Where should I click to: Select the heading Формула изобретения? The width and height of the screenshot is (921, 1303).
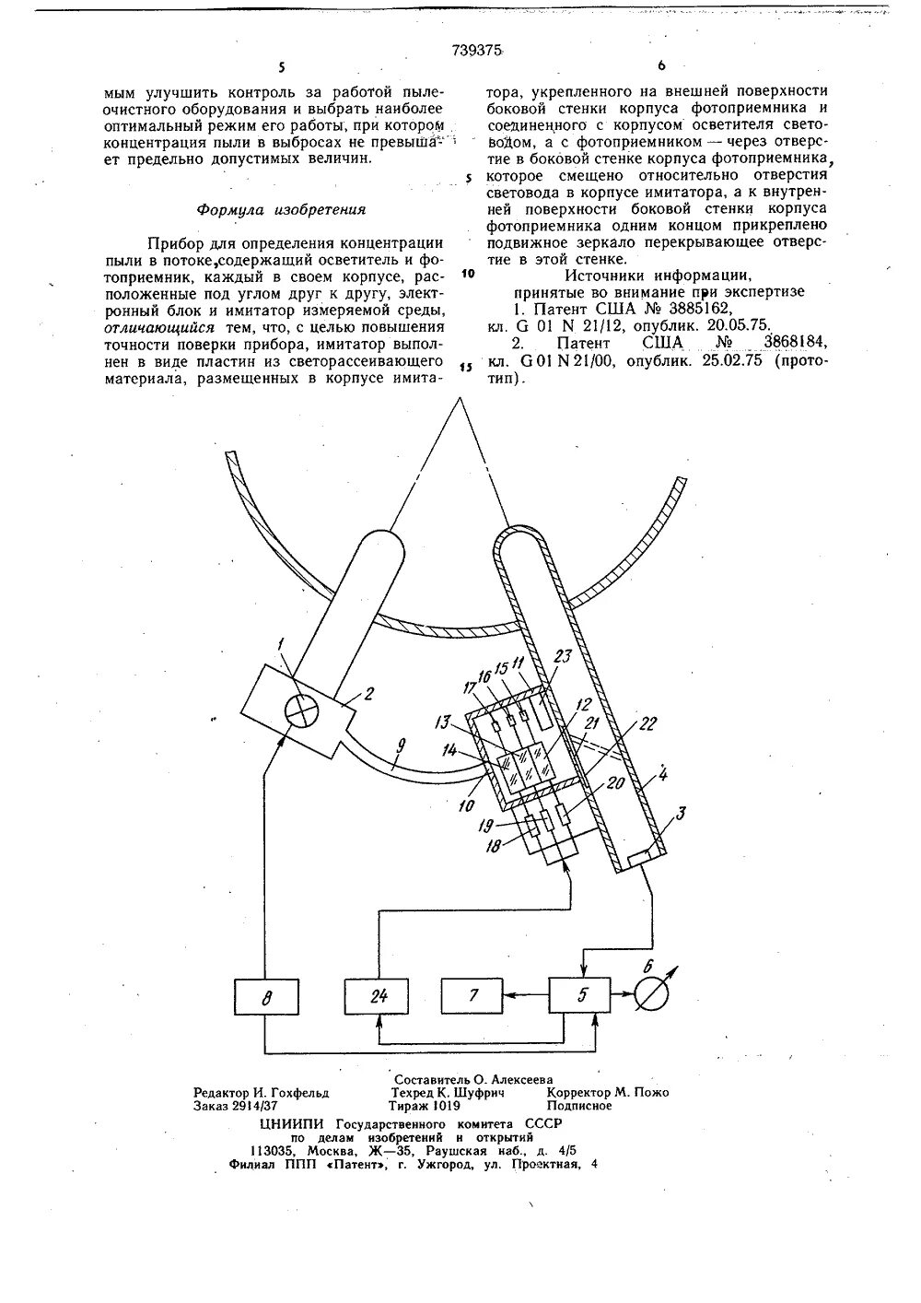click(x=281, y=210)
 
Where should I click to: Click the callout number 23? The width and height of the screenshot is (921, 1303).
click(x=562, y=657)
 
